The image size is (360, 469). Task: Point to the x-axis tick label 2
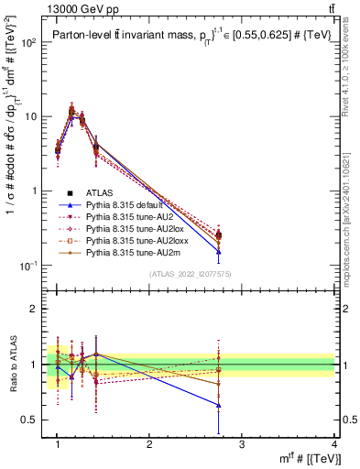point(149,444)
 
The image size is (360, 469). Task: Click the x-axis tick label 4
point(334,444)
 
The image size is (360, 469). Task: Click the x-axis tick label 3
point(242,444)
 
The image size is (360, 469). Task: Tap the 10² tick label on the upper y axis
point(32,43)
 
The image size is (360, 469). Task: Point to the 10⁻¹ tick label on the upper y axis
point(32,266)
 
